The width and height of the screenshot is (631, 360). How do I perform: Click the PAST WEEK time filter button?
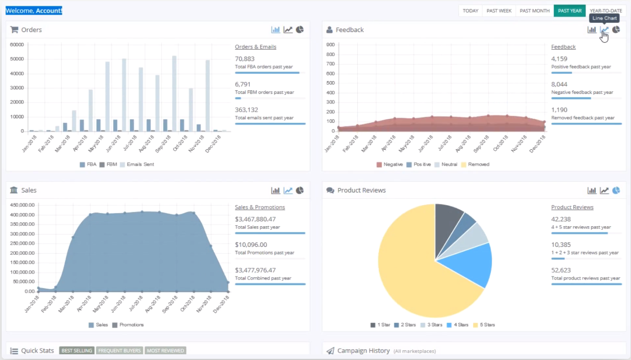point(498,11)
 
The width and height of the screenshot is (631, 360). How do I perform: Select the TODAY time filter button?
point(470,11)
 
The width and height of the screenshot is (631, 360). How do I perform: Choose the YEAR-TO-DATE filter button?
point(606,11)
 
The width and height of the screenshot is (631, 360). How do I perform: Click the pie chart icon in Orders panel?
point(300,29)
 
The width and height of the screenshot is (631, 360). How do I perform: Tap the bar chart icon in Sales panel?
point(275,190)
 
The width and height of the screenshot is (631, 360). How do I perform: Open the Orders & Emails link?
point(255,47)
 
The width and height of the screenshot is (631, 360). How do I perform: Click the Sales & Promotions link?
point(260,207)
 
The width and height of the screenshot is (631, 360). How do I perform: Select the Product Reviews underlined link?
point(572,207)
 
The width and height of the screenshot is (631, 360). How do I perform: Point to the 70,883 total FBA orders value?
point(245,59)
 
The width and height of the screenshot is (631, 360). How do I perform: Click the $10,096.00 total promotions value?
point(251,245)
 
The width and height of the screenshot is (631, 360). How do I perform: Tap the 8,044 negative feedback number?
point(560,84)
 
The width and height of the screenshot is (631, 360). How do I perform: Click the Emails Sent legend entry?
point(137,164)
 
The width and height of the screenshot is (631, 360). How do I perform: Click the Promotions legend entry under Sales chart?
point(128,325)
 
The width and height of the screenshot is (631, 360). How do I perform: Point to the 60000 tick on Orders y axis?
point(17,44)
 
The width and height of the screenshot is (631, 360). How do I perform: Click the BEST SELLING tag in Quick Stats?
point(77,351)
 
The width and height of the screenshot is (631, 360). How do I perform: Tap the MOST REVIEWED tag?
point(165,351)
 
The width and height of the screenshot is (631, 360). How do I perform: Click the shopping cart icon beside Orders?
point(14,29)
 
